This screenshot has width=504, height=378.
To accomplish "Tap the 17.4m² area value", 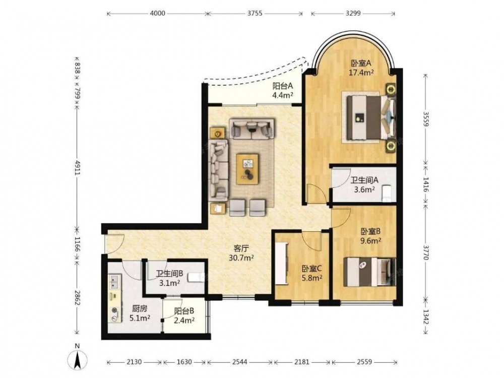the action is pyautogui.click(x=361, y=72).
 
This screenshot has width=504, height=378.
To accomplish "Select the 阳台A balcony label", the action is pyautogui.click(x=283, y=86).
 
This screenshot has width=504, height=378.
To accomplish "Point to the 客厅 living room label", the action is pyautogui.click(x=241, y=248).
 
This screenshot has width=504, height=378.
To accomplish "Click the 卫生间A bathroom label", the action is pyautogui.click(x=364, y=180).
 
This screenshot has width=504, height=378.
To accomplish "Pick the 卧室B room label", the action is pyautogui.click(x=370, y=231).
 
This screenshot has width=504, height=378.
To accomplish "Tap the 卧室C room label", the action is pyautogui.click(x=312, y=268).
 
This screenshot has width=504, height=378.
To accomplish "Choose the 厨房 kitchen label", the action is pyautogui.click(x=140, y=308).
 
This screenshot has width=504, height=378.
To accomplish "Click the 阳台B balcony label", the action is pyautogui.click(x=184, y=311).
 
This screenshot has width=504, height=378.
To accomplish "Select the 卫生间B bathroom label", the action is pyautogui.click(x=169, y=274).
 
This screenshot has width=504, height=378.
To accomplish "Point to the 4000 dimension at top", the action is pyautogui.click(x=157, y=13).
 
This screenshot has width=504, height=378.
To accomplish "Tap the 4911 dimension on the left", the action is pyautogui.click(x=77, y=167).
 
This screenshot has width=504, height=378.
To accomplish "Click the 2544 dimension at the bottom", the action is pyautogui.click(x=239, y=362).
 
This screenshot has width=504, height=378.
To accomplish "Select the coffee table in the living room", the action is pyautogui.click(x=247, y=169).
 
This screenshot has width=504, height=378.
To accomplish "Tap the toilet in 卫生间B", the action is pyautogui.click(x=196, y=277).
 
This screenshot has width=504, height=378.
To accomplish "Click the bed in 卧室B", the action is pyautogui.click(x=369, y=272).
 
